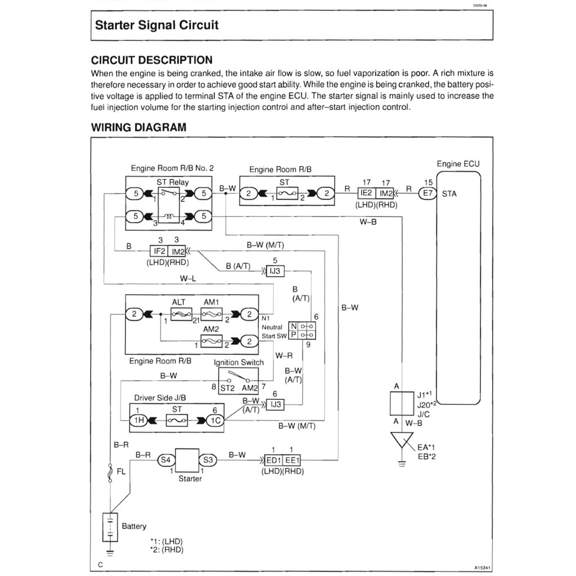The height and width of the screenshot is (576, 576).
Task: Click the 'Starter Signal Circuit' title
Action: tap(156, 25)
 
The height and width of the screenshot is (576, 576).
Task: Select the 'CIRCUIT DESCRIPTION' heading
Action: tap(152, 60)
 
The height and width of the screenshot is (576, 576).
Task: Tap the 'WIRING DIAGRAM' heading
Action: tap(138, 127)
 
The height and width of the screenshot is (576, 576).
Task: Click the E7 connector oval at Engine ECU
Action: tap(428, 193)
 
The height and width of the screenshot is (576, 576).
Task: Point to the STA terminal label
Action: tap(449, 194)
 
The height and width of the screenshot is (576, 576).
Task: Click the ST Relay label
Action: tap(173, 182)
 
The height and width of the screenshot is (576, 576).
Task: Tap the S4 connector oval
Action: tap(165, 460)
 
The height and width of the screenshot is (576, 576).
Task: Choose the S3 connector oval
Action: tap(208, 460)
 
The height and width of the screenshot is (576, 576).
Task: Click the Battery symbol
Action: tap(110, 527)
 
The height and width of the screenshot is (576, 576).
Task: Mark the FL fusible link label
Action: tap(120, 472)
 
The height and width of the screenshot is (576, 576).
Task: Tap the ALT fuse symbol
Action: tap(178, 314)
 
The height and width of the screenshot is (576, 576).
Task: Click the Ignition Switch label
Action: tap(238, 362)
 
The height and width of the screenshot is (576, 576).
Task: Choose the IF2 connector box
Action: tap(159, 251)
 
